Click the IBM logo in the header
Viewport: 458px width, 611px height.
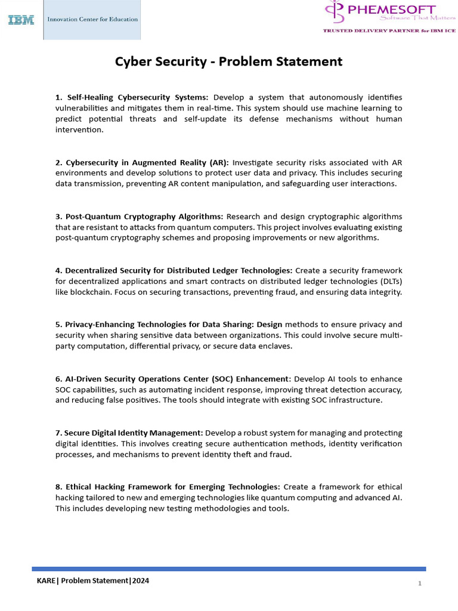21,20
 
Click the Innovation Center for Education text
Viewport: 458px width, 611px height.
92,19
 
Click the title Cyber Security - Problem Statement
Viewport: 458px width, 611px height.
228,61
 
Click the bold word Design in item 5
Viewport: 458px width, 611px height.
270,325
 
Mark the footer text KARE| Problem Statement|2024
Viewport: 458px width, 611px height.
92,581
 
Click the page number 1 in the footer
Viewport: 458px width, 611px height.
420,583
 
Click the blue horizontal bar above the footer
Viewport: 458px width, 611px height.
228,569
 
